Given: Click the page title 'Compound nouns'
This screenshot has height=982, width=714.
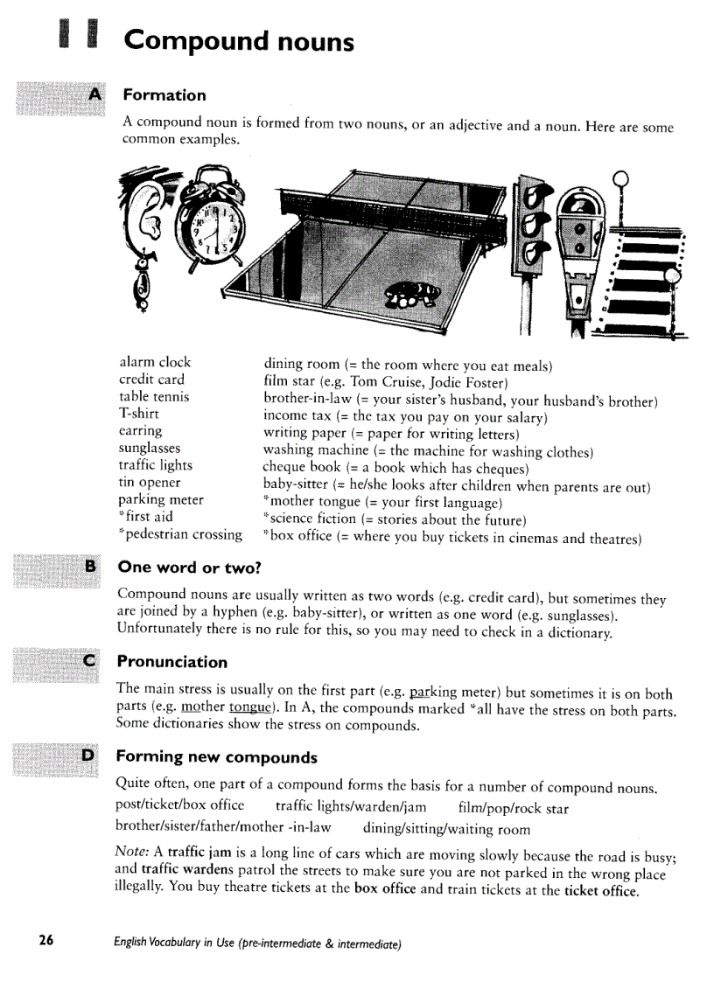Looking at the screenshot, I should [239, 41].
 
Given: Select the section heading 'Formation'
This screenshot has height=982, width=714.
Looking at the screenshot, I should [164, 95].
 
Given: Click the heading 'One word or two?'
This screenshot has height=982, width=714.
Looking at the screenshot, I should [189, 568].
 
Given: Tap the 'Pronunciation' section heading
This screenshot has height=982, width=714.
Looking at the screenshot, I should [171, 662].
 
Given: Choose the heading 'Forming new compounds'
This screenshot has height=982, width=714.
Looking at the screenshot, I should [216, 756].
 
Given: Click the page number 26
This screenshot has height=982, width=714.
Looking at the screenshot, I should [45, 941].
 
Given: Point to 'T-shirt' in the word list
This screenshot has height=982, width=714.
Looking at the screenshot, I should [139, 414].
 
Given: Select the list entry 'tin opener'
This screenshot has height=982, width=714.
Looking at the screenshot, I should [150, 482].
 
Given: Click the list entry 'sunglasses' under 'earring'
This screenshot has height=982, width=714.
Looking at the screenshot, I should [150, 448].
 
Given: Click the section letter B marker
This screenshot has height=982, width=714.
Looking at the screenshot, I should [89, 567].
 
